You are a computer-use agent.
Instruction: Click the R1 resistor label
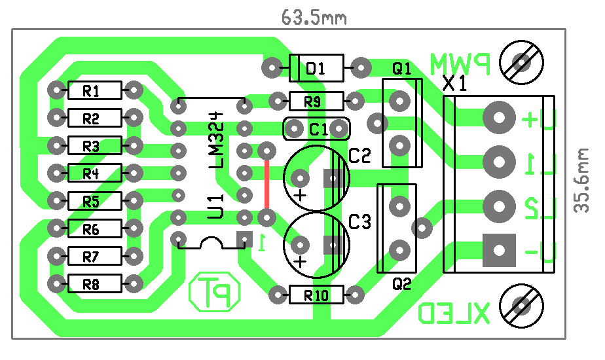(91, 92)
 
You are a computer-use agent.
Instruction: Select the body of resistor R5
(94, 201)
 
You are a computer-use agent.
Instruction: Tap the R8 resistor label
(91, 285)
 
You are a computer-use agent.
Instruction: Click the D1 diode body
(316, 68)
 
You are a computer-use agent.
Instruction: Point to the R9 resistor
(316, 101)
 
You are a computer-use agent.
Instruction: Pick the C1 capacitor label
(319, 129)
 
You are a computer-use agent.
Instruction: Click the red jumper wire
(266, 184)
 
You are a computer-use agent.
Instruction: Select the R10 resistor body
(316, 295)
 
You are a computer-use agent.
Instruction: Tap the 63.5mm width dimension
(314, 18)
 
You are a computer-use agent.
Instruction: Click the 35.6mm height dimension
(581, 181)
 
